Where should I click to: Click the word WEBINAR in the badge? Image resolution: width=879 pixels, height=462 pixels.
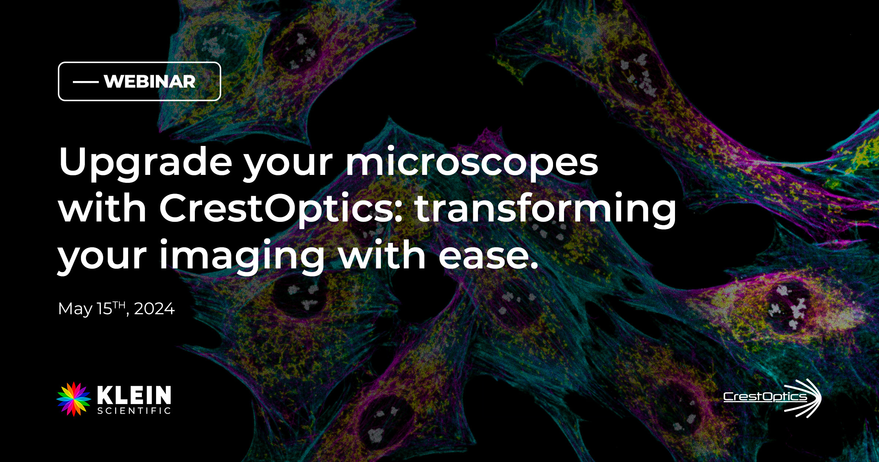click(x=150, y=81)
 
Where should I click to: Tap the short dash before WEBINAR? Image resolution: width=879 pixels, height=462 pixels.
click(x=86, y=82)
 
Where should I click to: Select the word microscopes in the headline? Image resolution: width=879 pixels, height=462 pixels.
click(x=472, y=161)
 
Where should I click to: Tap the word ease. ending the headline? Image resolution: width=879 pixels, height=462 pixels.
click(x=489, y=255)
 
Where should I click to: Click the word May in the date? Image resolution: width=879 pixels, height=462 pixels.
click(x=75, y=309)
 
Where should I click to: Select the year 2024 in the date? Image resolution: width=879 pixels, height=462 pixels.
click(x=155, y=309)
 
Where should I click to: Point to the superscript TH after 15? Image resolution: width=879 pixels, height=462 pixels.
click(x=119, y=305)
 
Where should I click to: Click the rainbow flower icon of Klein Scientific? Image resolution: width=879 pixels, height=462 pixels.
click(x=74, y=399)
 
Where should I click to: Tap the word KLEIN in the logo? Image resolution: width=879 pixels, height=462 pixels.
click(x=134, y=395)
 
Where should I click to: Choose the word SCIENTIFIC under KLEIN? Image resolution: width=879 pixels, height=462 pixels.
click(x=134, y=411)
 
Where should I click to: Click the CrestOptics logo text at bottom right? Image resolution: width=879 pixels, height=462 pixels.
click(x=765, y=397)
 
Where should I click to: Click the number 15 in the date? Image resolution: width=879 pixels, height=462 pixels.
click(x=104, y=309)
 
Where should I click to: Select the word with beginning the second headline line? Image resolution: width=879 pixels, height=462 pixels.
click(x=103, y=208)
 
